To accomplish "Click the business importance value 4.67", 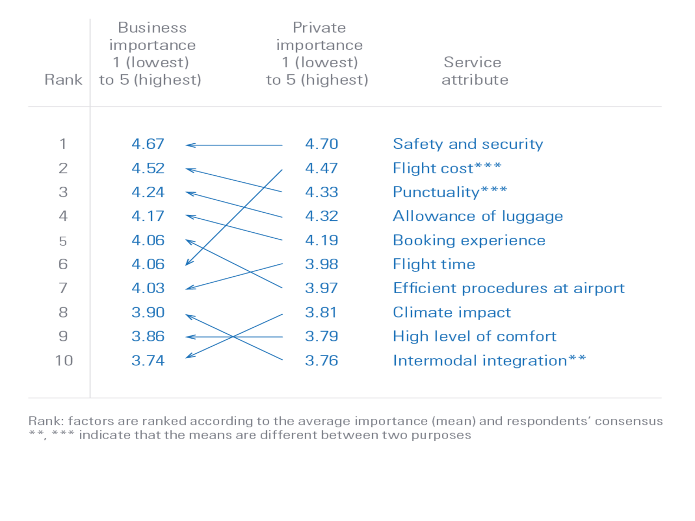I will (148, 144).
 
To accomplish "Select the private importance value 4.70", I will (321, 144).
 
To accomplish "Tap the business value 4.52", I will (148, 168).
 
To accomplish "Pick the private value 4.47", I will (321, 168).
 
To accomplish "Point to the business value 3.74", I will (148, 360).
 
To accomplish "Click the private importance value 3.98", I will (321, 264).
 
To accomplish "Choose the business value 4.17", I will (148, 216).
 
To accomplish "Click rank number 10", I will (64, 360).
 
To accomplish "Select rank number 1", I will (64, 144).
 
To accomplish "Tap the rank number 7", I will (64, 288).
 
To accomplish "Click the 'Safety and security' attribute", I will (467, 144).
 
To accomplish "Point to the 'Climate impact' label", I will (452, 313).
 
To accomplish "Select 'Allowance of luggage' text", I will (478, 216).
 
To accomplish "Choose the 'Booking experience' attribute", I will (469, 240).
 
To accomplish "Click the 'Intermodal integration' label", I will (480, 360).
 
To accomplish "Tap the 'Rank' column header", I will (64, 80).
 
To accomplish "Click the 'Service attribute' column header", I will (474, 71).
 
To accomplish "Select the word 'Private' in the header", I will (319, 28).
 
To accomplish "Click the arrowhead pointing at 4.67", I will (188, 145).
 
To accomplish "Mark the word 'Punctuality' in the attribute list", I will (436, 192).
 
